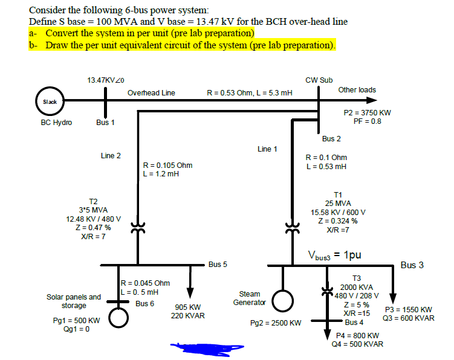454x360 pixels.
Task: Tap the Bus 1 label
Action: click(105, 123)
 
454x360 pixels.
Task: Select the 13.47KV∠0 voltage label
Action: click(105, 80)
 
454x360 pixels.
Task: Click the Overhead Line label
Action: click(151, 92)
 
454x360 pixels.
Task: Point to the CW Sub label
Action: click(319, 80)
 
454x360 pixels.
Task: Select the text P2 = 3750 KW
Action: click(367, 113)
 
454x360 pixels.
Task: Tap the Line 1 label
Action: click(267, 149)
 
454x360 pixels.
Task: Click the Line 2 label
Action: click(111, 156)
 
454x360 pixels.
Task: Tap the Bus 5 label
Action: click(218, 265)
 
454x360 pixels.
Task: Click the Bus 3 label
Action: click(412, 265)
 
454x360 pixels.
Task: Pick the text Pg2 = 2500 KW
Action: click(275, 323)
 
